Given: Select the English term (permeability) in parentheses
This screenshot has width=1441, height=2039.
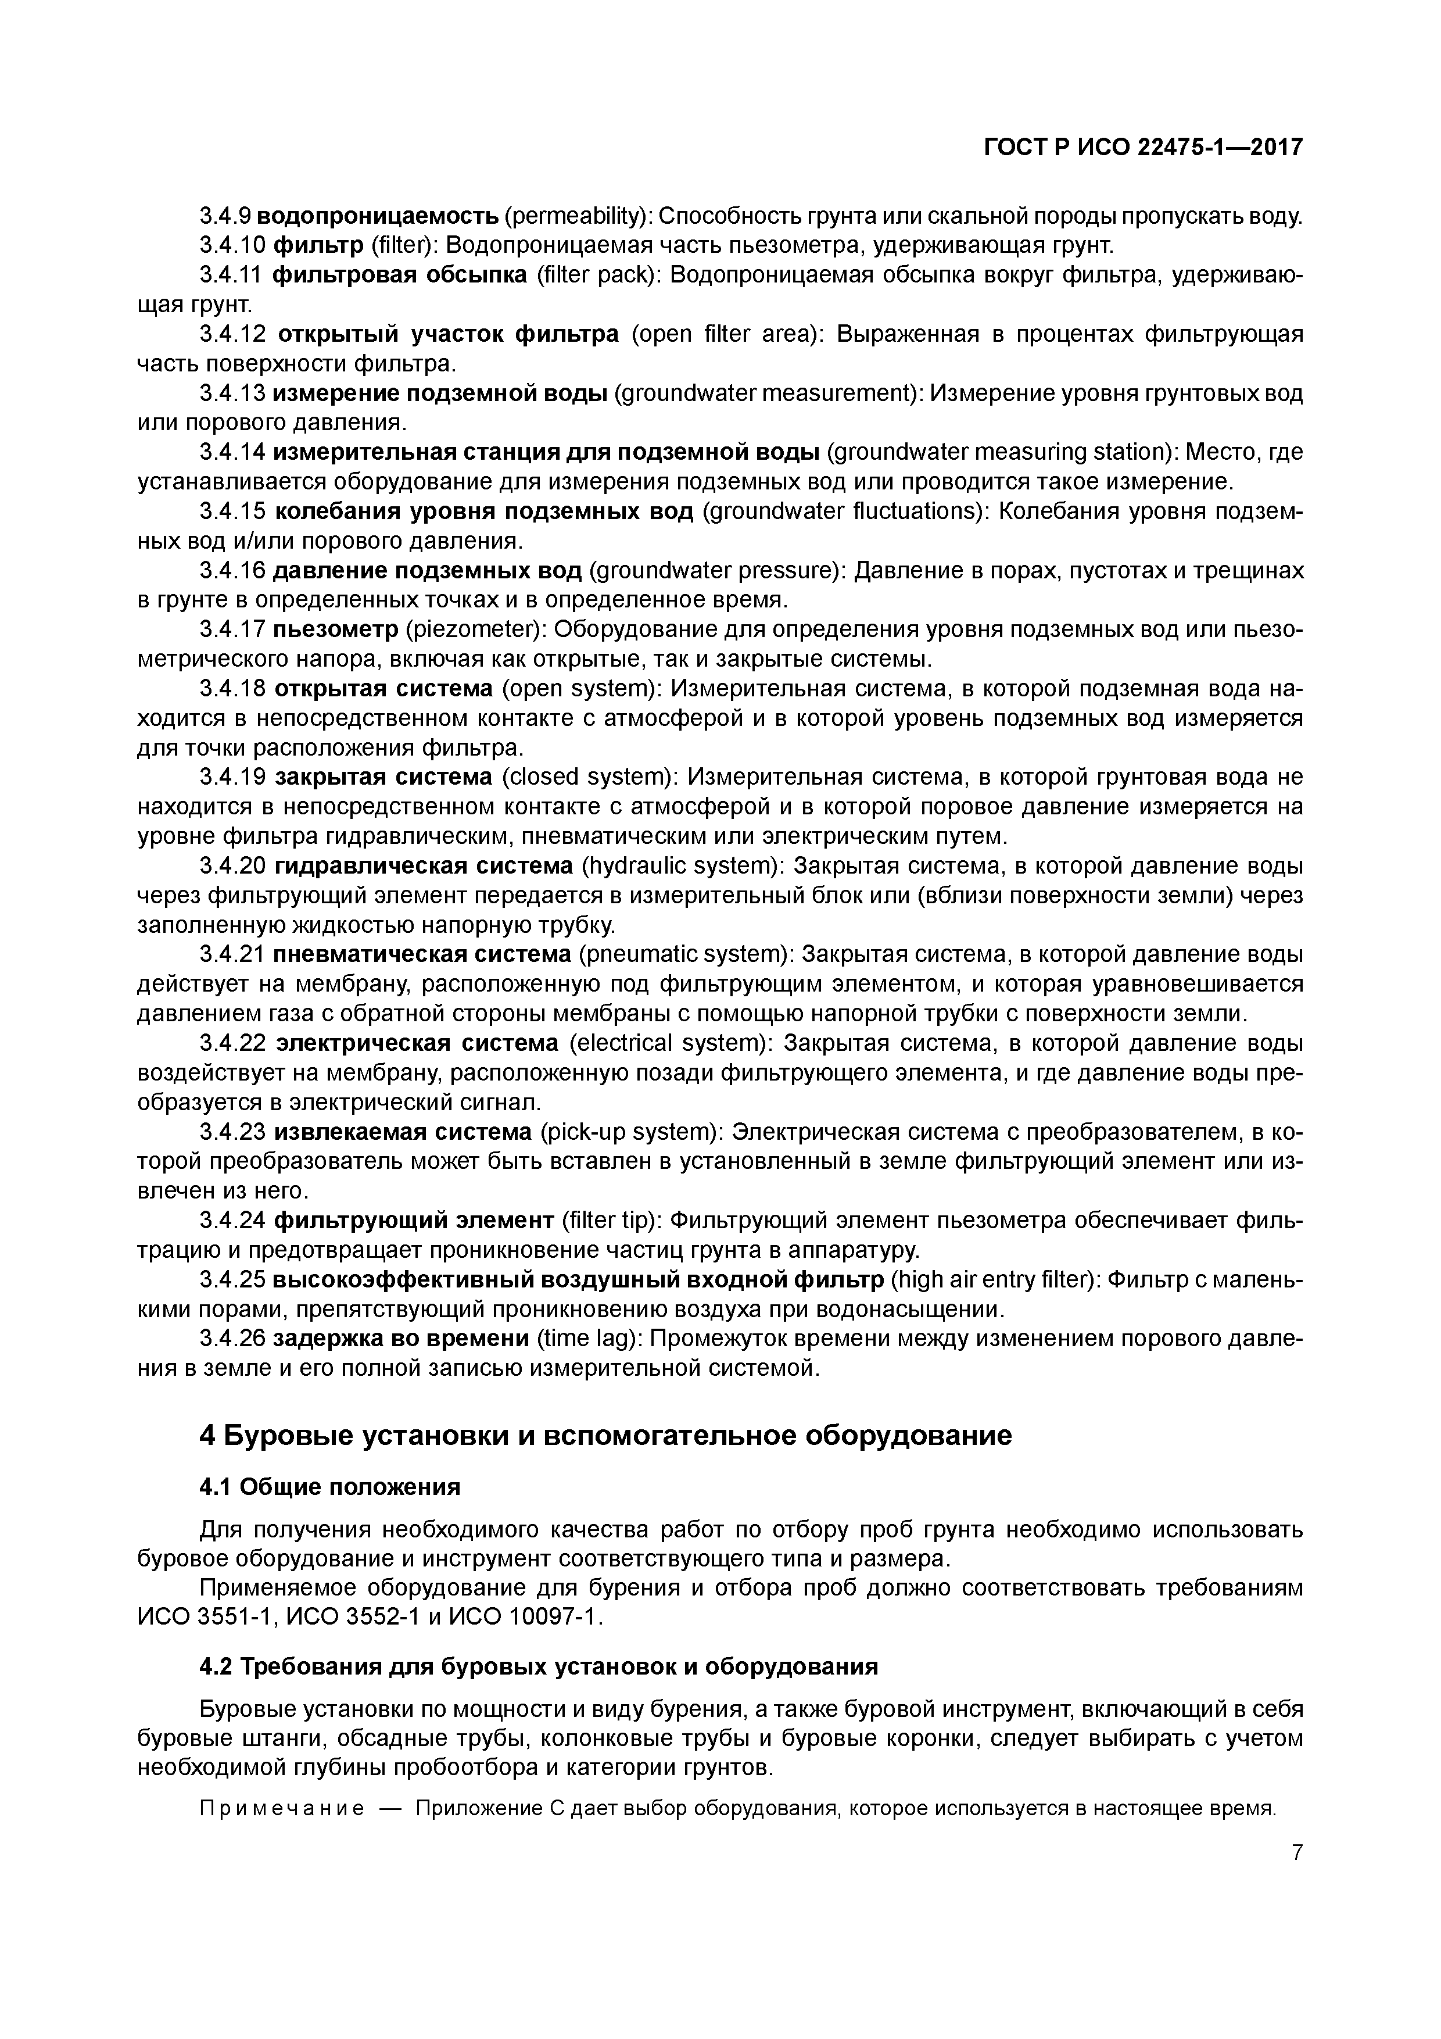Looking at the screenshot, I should click(x=579, y=216).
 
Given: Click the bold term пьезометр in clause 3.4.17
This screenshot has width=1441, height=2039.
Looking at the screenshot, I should click(x=336, y=629).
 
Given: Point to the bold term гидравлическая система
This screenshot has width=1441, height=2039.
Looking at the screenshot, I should click(x=424, y=866).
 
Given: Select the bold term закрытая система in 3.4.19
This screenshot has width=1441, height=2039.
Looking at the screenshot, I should click(x=383, y=777).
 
